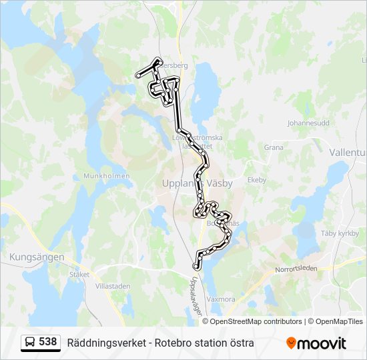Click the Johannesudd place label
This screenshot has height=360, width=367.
coord(308,123)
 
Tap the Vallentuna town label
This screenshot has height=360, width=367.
coord(348,152)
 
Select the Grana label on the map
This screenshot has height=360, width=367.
coord(274,147)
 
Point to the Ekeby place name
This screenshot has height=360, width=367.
coord(257,180)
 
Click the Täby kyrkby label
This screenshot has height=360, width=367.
coord(340,233)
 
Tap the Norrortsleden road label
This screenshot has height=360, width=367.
coord(296,269)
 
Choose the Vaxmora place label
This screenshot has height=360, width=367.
coord(221,299)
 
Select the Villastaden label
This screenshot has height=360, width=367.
coord(113,285)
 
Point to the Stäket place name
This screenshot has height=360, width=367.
coord(79,273)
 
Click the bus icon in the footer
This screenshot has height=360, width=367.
coord(30,343)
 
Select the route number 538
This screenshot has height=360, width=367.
coord(48,342)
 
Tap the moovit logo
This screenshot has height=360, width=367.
coord(316,343)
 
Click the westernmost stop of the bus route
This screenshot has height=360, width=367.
coord(138,76)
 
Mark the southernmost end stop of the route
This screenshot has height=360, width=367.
coord(196,267)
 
